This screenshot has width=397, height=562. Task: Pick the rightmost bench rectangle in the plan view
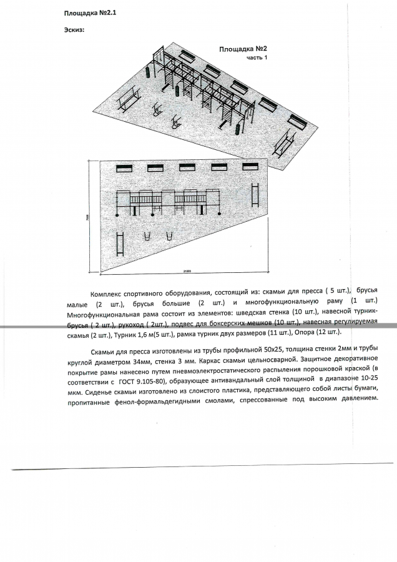click(252, 167)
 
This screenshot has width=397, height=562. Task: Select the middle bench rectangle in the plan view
click(187, 167)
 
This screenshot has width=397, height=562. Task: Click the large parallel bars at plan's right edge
click(255, 194)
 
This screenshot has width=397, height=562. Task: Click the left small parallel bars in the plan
click(149, 237)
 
